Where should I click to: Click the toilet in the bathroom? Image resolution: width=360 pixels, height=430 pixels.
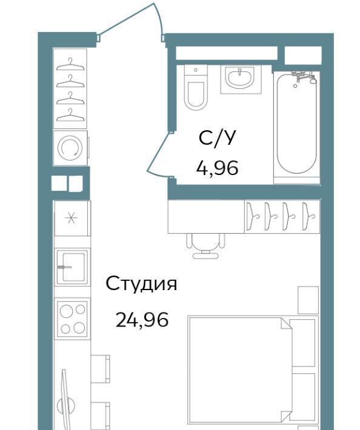coord(195,87)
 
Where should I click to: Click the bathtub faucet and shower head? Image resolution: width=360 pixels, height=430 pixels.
coord(304,76)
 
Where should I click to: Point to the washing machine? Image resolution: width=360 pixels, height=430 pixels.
coord(70,148)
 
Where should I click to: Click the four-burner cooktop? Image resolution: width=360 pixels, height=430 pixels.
coord(73,319)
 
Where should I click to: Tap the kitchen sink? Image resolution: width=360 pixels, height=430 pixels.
coord(73,267)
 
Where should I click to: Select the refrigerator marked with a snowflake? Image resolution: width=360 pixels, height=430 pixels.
coord(73,218)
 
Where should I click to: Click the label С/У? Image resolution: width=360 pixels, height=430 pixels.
coord(217,137)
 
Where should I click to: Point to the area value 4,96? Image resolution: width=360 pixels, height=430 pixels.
coord(217,168)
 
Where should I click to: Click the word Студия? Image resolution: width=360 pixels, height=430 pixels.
coord(141,284)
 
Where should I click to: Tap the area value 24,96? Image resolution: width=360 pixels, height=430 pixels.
coord(142,320)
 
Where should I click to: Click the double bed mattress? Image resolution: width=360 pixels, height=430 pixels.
coord(239,372)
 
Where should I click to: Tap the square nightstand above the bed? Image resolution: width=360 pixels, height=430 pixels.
coord(308,300)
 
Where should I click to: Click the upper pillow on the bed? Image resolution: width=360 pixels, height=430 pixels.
coord(303,343)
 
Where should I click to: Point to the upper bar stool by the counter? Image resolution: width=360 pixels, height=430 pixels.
coord(100,369)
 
